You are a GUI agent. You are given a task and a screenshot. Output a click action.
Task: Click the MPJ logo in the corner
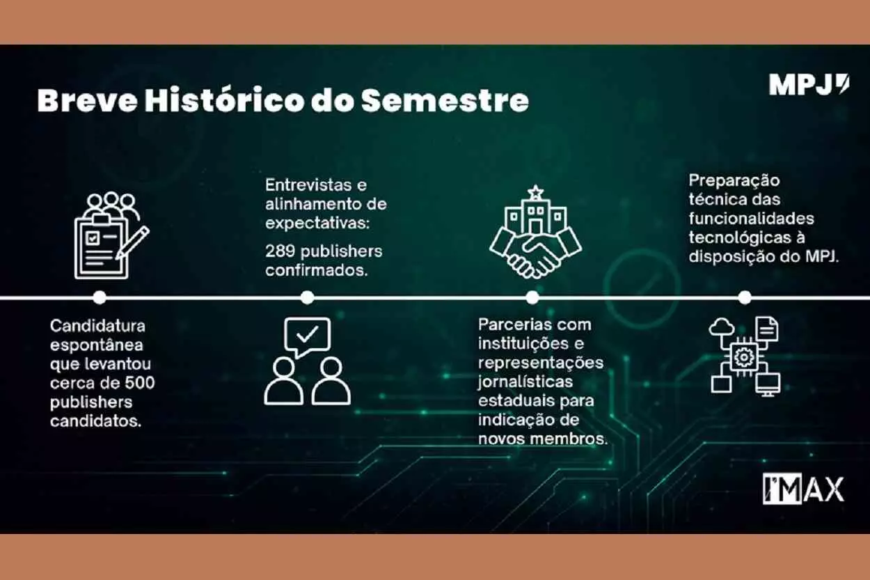809,85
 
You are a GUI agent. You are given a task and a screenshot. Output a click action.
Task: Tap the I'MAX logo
802,489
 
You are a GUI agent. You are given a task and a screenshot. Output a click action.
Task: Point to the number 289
279,251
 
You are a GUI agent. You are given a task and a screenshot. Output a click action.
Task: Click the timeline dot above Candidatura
100,297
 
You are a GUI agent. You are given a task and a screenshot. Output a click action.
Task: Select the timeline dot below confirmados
307,297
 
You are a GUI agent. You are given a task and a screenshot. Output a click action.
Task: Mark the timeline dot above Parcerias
532,297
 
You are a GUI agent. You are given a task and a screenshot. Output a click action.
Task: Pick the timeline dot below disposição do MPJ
744,297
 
